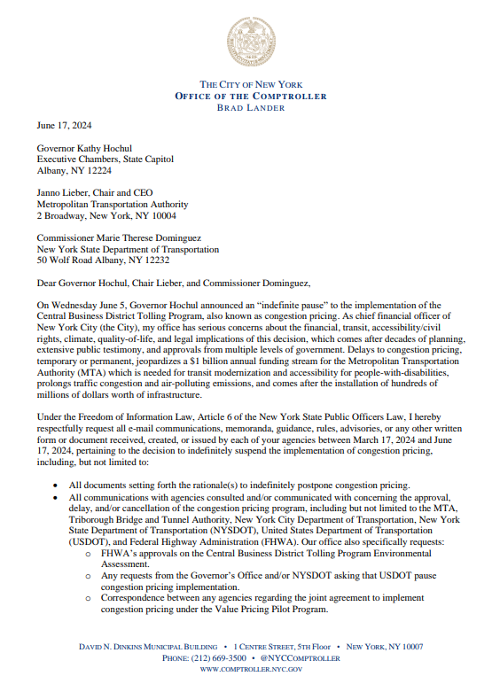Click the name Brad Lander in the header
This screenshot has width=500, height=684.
[x=250, y=108]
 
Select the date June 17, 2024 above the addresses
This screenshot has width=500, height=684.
[x=64, y=126]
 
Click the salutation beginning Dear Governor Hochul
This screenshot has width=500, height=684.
[x=174, y=284]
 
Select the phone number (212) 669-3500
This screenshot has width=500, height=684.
[x=216, y=659]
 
